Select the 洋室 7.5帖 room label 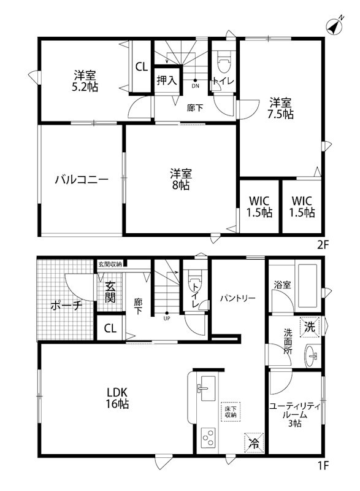pos(280,108)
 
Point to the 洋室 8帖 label pos(180,179)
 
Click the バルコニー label pos(82,180)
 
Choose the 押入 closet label pos(166,80)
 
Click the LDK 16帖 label pos(118,398)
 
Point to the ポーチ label pos(66,305)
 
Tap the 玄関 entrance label pos(110,292)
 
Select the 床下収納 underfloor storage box pos(230,411)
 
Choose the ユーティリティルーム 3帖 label pos(296,414)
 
